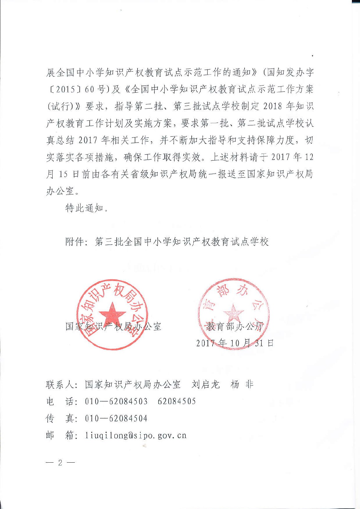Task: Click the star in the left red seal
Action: click(x=112, y=314)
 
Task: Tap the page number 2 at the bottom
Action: click(x=60, y=463)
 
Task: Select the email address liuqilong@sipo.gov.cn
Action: click(x=136, y=435)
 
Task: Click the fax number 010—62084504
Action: click(x=116, y=418)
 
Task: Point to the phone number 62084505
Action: click(x=177, y=401)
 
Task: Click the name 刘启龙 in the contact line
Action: click(x=206, y=385)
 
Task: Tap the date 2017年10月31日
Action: click(x=235, y=343)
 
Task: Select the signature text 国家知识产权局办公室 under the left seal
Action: click(x=114, y=326)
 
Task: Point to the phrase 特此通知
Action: click(x=84, y=208)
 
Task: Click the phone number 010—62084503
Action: click(x=116, y=401)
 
